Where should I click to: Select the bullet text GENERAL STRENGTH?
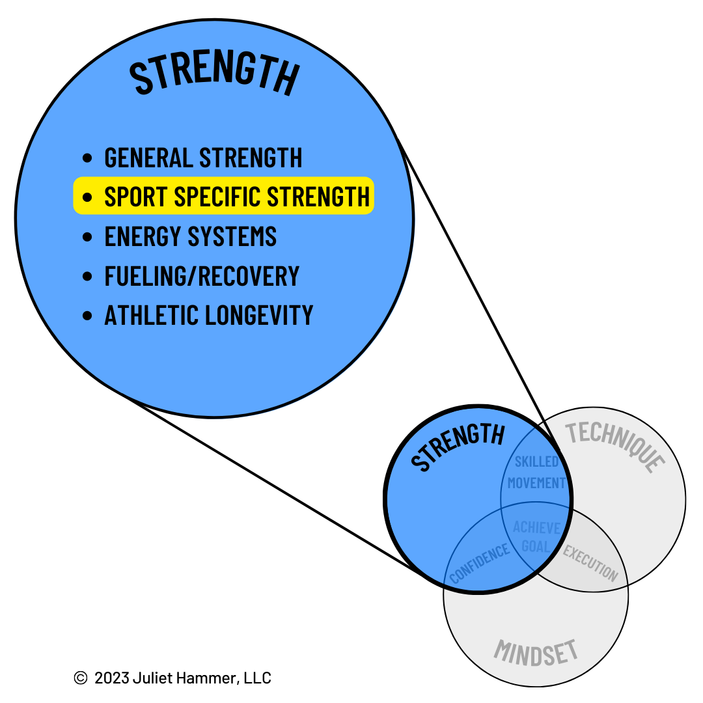pos(203,158)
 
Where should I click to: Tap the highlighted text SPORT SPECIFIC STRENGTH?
pos(237,196)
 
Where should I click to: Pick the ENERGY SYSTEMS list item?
pos(191,236)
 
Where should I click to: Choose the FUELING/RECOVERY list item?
pos(202,276)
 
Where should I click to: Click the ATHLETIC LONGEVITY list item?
pos(209,316)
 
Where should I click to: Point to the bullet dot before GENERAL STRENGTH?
pos(88,159)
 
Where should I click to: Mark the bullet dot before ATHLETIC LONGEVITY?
pos(88,316)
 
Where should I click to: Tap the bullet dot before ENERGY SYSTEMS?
pos(88,237)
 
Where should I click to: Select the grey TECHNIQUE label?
pos(615,446)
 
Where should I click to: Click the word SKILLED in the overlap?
pos(537,462)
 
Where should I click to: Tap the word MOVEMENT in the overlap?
pos(537,483)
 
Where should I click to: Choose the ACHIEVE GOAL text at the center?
pos(536,536)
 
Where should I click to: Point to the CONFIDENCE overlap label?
pos(480,563)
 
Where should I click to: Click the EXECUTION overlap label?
pos(590,562)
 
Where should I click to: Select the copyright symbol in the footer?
pos(81,678)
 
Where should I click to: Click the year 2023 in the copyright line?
pos(111,678)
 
